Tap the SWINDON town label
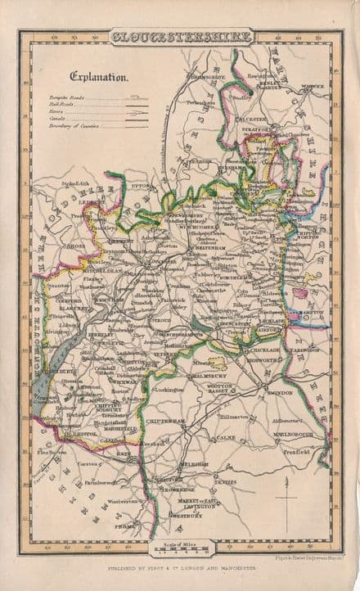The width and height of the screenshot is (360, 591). [x=278, y=393]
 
